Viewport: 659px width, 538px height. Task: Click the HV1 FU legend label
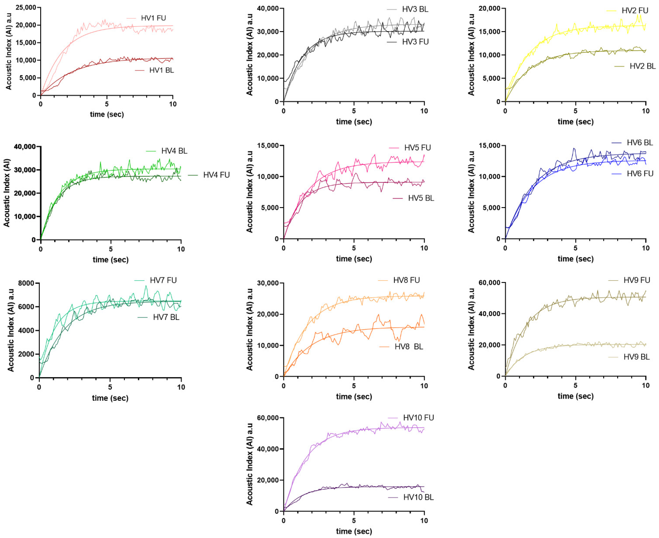(x=154, y=18)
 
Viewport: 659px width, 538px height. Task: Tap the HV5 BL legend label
(x=421, y=198)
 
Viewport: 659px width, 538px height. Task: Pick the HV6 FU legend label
(x=640, y=174)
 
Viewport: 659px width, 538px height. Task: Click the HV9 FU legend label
(x=636, y=280)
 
